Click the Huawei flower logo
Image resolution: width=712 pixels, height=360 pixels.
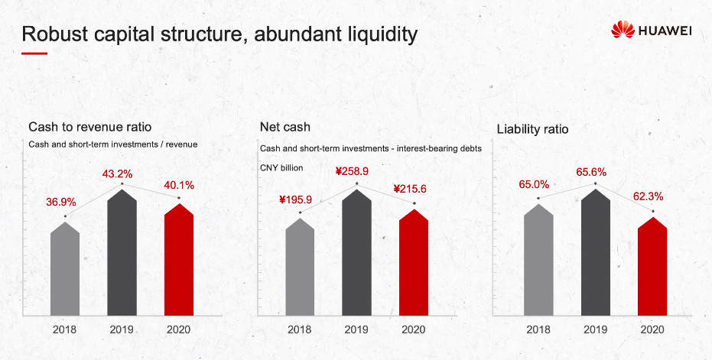pyautogui.click(x=623, y=30)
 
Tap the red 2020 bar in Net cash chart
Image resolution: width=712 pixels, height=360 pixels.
pyautogui.click(x=414, y=262)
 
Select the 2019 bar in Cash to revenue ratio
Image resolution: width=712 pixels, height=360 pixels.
pyautogui.click(x=122, y=252)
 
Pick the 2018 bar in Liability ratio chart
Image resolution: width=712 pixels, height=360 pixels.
pyautogui.click(x=538, y=260)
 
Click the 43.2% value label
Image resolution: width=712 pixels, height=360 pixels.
pyautogui.click(x=117, y=174)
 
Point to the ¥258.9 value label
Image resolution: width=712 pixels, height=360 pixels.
pyautogui.click(x=352, y=172)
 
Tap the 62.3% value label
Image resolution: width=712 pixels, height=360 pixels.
pyautogui.click(x=648, y=196)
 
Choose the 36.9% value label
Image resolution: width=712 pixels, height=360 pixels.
pyautogui.click(x=61, y=202)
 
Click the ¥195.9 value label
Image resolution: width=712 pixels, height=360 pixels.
pyautogui.click(x=295, y=199)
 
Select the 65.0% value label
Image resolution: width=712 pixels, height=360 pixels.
pyautogui.click(x=534, y=185)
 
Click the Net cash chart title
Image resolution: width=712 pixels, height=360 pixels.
pyautogui.click(x=285, y=127)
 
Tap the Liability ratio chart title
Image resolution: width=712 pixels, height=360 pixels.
pyautogui.click(x=532, y=129)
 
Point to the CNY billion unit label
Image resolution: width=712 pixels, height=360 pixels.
pyautogui.click(x=281, y=167)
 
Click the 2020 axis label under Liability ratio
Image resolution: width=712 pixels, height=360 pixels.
pyautogui.click(x=652, y=329)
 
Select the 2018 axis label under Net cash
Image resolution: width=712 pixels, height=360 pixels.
pyautogui.click(x=299, y=329)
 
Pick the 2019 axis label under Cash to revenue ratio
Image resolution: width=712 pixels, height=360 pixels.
pyautogui.click(x=122, y=329)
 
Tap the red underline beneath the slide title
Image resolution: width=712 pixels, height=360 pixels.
pyautogui.click(x=34, y=54)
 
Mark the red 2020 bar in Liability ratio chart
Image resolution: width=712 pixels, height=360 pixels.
pyautogui.click(x=652, y=267)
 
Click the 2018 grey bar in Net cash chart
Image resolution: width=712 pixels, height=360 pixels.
pyautogui.click(x=300, y=267)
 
